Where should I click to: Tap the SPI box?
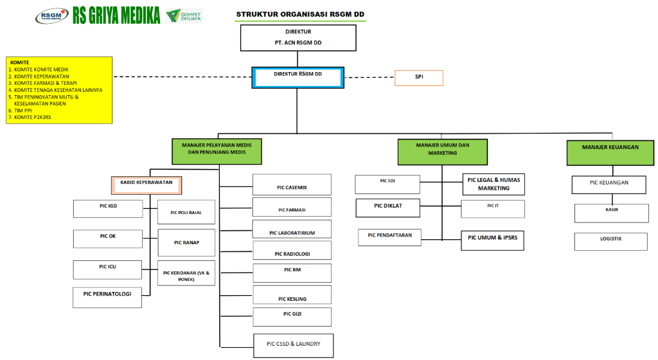coord(418,78)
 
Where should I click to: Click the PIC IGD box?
coord(108,208)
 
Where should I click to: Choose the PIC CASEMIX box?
coord(292,184)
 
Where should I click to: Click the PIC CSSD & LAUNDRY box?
coord(293,345)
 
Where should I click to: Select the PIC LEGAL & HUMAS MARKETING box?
coord(493,184)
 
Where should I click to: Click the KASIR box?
coord(611,213)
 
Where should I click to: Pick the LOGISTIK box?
coord(611,241)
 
